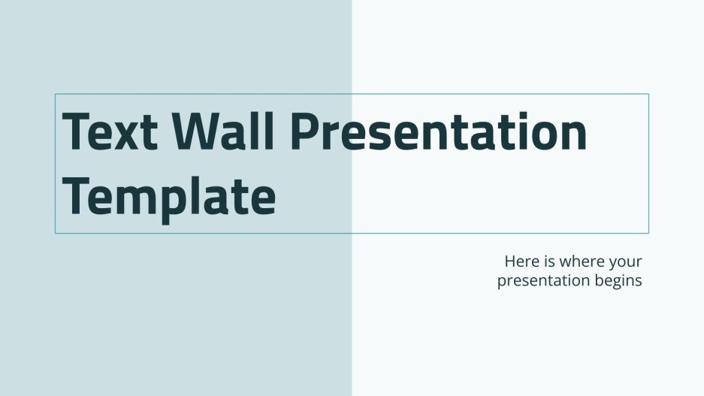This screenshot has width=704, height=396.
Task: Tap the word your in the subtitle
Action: pos(627,264)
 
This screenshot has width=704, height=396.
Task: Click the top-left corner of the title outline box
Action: pos(56,94)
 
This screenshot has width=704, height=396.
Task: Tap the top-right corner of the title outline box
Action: pos(648,94)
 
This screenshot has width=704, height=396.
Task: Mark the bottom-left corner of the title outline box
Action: pos(56,233)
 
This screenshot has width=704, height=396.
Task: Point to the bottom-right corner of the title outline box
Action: pos(648,233)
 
